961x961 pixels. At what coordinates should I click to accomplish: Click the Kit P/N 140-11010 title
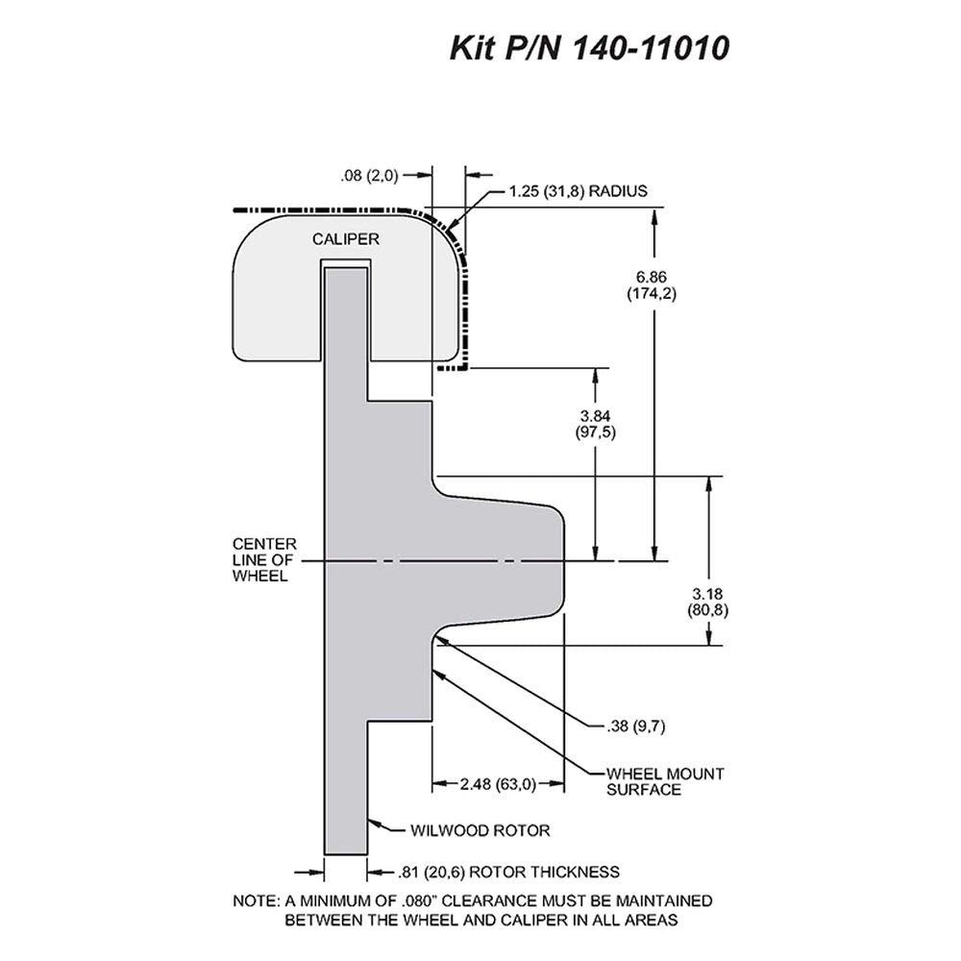(590, 48)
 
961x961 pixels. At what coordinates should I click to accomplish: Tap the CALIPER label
(346, 239)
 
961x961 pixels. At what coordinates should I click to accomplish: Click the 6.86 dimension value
(651, 277)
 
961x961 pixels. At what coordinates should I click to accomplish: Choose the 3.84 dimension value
(595, 416)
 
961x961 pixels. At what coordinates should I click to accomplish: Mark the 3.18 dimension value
(708, 594)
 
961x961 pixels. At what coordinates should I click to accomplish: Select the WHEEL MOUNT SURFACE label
(665, 781)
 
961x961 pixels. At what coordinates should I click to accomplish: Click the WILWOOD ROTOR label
(480, 830)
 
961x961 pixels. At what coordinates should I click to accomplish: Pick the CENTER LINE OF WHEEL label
(264, 560)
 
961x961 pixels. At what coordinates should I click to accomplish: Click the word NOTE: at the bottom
(256, 901)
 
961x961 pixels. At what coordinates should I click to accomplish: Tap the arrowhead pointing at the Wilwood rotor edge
(375, 822)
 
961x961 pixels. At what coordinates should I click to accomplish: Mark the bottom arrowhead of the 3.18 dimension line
(709, 636)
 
